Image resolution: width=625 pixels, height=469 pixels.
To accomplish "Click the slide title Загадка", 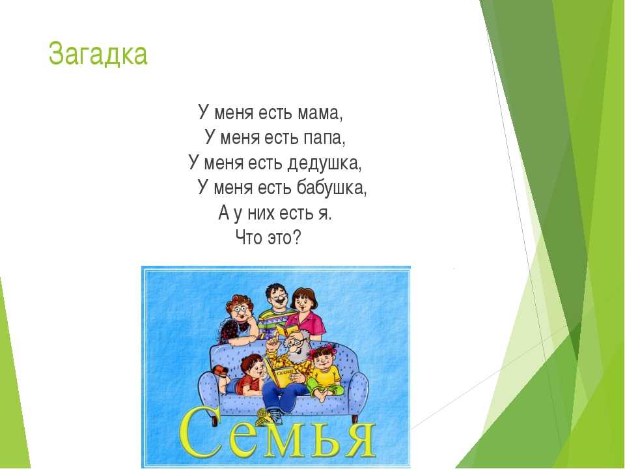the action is click(x=98, y=54).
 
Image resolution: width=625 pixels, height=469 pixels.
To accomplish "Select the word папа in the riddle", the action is click(x=324, y=137).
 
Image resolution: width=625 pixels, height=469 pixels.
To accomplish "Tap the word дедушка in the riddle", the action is click(x=324, y=163).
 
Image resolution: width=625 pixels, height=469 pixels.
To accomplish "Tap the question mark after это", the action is click(x=297, y=238).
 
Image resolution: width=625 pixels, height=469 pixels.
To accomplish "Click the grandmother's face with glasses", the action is click(x=240, y=311).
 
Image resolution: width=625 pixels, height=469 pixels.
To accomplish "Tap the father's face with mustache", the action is click(x=277, y=297).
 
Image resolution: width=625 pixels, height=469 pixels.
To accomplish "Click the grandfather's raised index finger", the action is click(x=273, y=339).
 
